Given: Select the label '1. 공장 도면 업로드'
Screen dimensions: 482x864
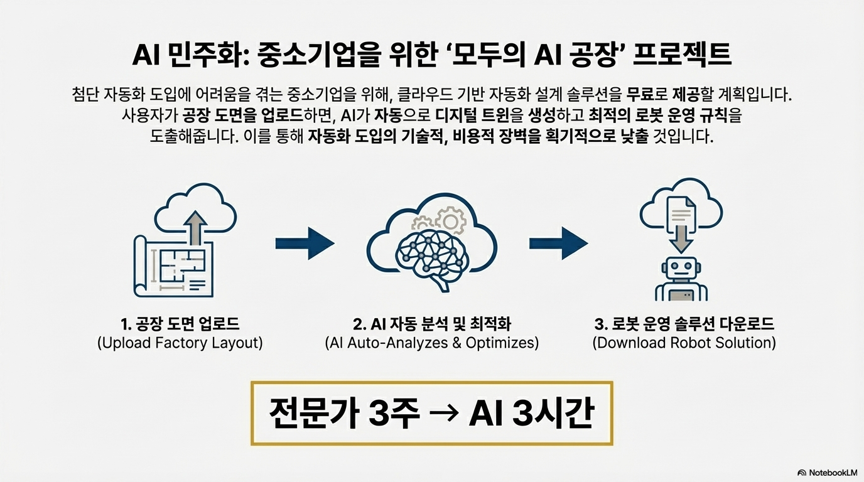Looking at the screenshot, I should [x=180, y=324].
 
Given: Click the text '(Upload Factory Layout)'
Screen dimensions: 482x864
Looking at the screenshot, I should [x=180, y=344].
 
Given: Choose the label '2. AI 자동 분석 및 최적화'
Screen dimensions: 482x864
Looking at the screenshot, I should [x=432, y=324].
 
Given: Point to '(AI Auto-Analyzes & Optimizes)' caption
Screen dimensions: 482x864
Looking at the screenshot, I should [x=432, y=344].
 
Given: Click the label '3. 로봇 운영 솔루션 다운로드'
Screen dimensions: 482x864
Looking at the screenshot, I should [x=684, y=324].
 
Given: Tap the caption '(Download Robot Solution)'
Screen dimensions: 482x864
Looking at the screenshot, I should [x=684, y=344].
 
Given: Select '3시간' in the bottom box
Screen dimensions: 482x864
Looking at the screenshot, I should [x=556, y=414].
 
